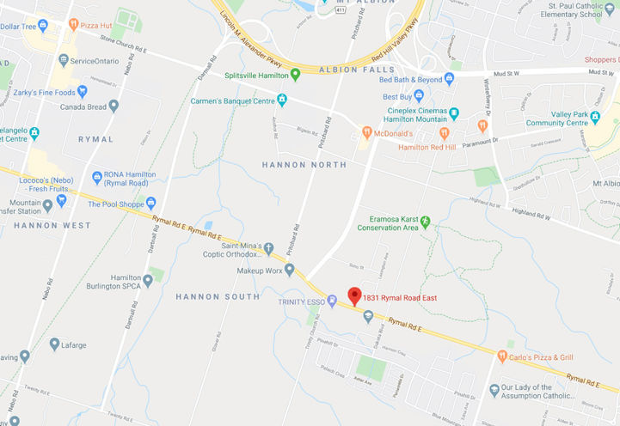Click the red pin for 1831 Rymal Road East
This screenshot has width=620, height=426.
point(353,296)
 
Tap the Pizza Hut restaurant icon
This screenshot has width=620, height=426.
point(74,25)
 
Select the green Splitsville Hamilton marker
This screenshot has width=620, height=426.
point(295,74)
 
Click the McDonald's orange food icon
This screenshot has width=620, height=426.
point(366,133)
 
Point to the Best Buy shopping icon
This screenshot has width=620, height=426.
point(419,95)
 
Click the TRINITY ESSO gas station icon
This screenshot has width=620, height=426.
point(332,301)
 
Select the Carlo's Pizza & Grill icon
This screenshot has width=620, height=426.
point(502,355)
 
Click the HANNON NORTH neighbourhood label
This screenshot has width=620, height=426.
point(305,165)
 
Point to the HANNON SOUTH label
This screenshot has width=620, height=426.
point(218,296)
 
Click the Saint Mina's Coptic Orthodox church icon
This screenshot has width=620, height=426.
point(268,248)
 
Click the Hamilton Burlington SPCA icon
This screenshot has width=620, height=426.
point(148,280)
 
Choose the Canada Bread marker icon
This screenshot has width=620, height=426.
point(114,106)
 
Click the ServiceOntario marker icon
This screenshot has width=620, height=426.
point(63,61)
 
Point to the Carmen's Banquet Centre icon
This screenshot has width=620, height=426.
point(281,101)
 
